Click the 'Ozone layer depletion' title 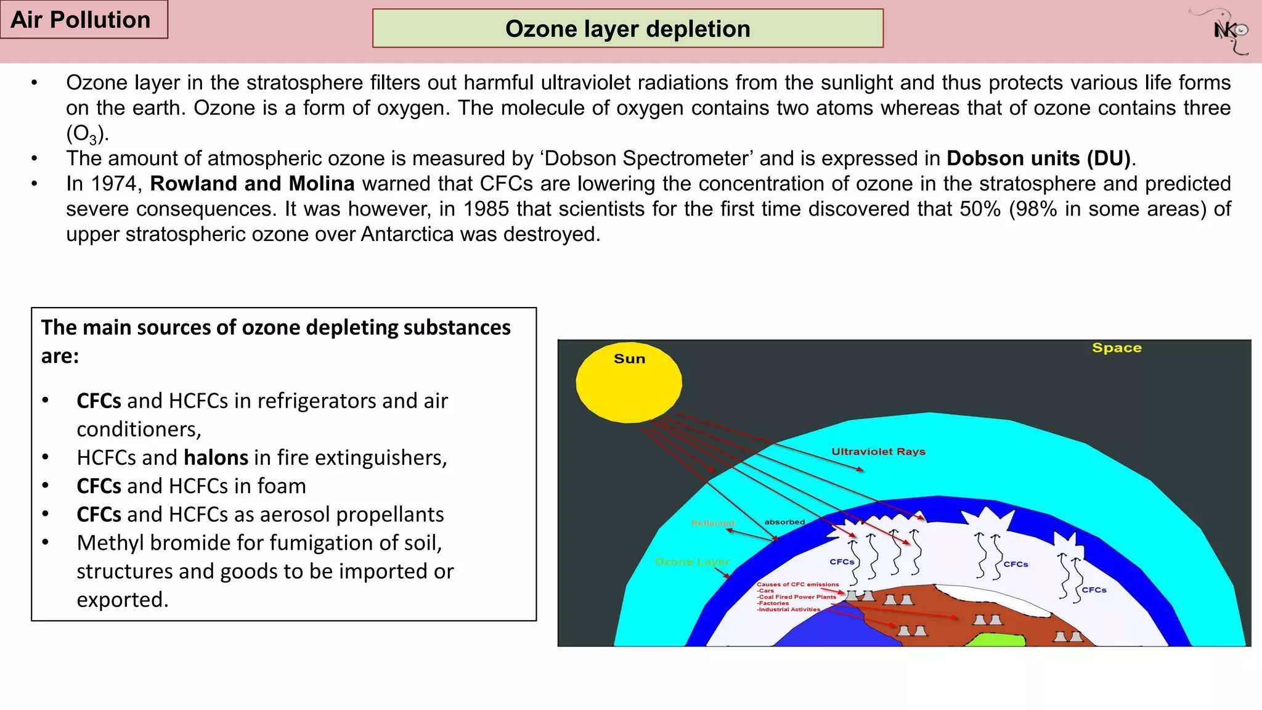pyautogui.click(x=627, y=29)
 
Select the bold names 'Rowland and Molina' pyautogui.click(x=252, y=184)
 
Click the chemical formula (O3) pyautogui.click(x=87, y=133)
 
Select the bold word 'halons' pyautogui.click(x=216, y=457)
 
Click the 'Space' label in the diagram pyautogui.click(x=1117, y=348)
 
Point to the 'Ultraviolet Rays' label pyautogui.click(x=878, y=452)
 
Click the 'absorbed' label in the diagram pyautogui.click(x=784, y=522)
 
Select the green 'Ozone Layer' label pyautogui.click(x=692, y=561)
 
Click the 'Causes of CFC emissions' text pyautogui.click(x=797, y=584)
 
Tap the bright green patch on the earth pyautogui.click(x=995, y=640)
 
